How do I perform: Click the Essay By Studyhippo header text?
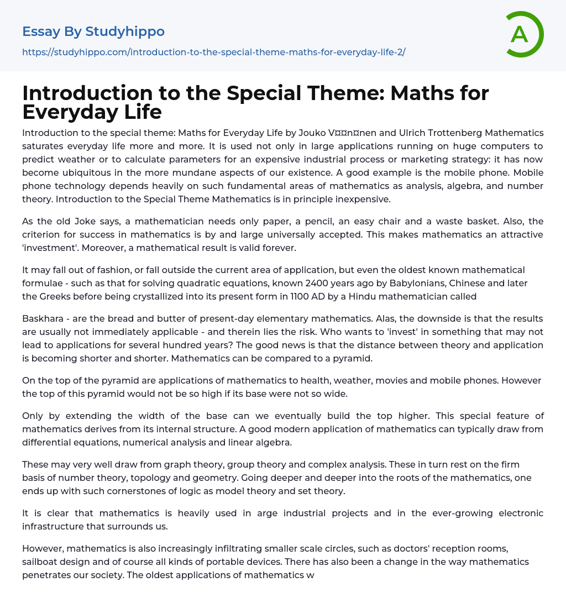(93, 32)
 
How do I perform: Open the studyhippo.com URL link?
(214, 52)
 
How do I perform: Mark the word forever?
(277, 248)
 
